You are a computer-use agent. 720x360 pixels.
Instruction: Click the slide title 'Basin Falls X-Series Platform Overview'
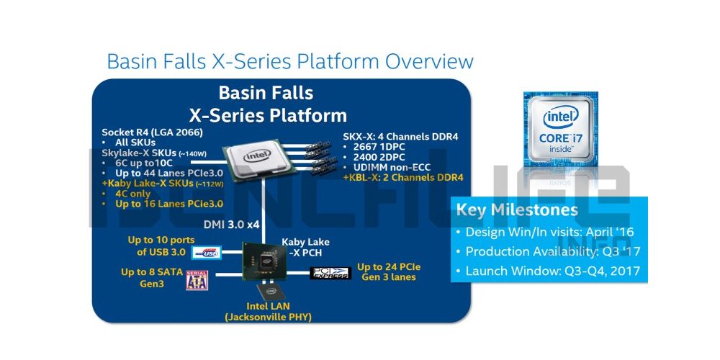[289, 60]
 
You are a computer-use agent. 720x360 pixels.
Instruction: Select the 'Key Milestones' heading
[516, 210]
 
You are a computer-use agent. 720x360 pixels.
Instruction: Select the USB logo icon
[207, 253]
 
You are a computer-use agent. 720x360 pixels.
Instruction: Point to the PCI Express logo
[330, 274]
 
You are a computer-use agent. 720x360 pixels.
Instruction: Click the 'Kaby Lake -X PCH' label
[306, 247]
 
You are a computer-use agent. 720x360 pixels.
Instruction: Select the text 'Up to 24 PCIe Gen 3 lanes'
[389, 272]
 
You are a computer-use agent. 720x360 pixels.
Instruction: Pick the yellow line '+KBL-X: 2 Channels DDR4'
[403, 177]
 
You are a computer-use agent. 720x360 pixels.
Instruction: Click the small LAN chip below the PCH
[271, 291]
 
